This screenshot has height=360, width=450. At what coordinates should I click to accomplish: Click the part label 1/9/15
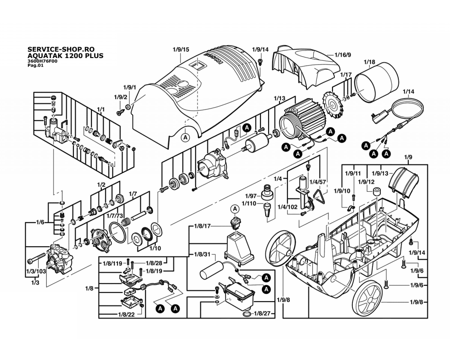[181, 49]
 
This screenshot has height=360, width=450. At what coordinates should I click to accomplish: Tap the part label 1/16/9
[342, 55]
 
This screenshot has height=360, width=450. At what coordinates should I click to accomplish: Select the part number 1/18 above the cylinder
[369, 62]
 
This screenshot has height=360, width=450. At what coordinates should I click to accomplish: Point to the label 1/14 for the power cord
[409, 92]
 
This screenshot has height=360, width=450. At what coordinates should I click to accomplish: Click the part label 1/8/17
[202, 226]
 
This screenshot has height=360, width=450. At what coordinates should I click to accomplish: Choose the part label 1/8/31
[202, 254]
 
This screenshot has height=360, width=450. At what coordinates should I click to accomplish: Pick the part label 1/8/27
[262, 314]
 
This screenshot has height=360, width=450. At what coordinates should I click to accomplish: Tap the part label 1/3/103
[36, 271]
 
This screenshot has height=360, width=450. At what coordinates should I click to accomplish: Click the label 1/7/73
[114, 216]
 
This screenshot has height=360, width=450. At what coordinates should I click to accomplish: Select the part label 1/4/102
[288, 207]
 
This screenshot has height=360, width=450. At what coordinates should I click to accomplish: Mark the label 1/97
[251, 196]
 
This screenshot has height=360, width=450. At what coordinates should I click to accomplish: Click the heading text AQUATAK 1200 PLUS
[65, 56]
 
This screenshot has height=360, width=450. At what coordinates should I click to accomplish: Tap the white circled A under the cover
[186, 138]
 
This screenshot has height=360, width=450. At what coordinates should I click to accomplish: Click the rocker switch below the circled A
[235, 222]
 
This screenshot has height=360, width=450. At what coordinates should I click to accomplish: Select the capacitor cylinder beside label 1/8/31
[211, 270]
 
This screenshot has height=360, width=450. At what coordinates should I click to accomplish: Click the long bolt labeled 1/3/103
[36, 258]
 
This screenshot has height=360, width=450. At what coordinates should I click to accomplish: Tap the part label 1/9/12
[366, 182]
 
